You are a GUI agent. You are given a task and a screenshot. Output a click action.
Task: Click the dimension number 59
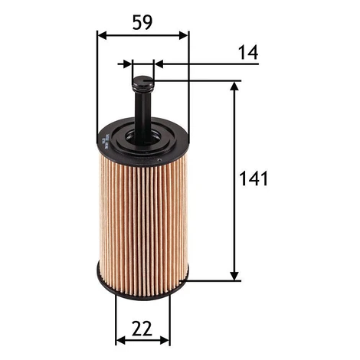(142, 22)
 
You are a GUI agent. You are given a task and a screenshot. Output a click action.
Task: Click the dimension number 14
(248, 52)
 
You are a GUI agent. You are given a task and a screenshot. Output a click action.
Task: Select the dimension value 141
(254, 178)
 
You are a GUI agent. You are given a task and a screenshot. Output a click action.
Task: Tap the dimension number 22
(142, 329)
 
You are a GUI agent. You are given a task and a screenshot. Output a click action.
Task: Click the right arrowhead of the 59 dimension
(183, 36)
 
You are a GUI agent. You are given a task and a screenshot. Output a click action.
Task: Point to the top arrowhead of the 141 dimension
(234, 86)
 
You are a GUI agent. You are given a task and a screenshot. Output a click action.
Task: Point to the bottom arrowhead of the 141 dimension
(234, 276)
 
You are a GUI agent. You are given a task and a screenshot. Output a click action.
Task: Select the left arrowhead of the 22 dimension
(120, 340)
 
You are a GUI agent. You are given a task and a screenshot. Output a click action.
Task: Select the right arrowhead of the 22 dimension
(165, 340)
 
